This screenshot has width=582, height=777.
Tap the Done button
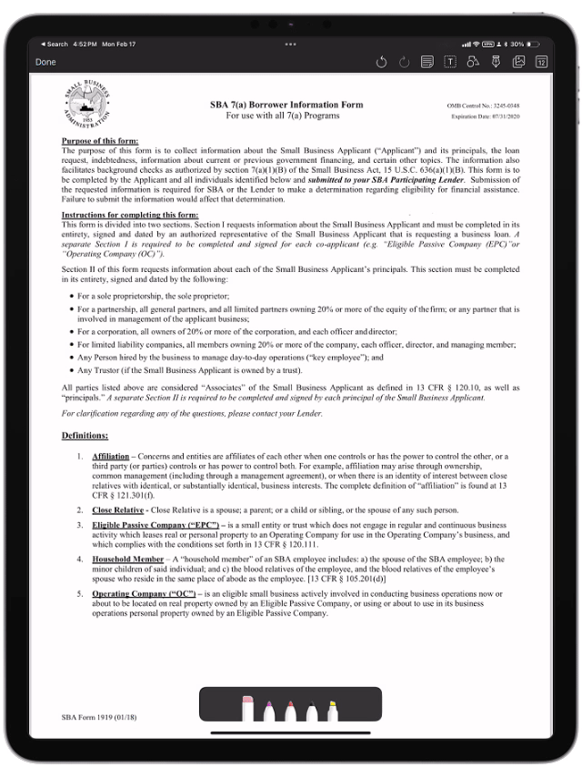click(45, 62)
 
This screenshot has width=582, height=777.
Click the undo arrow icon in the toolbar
click(381, 62)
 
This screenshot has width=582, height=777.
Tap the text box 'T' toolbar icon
click(449, 62)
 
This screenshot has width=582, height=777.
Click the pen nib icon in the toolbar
click(496, 62)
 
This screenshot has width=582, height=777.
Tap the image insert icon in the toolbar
click(518, 62)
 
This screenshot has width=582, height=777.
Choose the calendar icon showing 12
click(541, 62)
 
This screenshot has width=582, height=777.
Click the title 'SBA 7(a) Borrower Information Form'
click(286, 105)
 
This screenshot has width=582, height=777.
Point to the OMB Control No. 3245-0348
click(483, 106)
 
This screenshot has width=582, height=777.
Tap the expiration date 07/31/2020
click(485, 116)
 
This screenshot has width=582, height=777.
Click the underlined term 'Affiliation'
click(111, 456)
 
